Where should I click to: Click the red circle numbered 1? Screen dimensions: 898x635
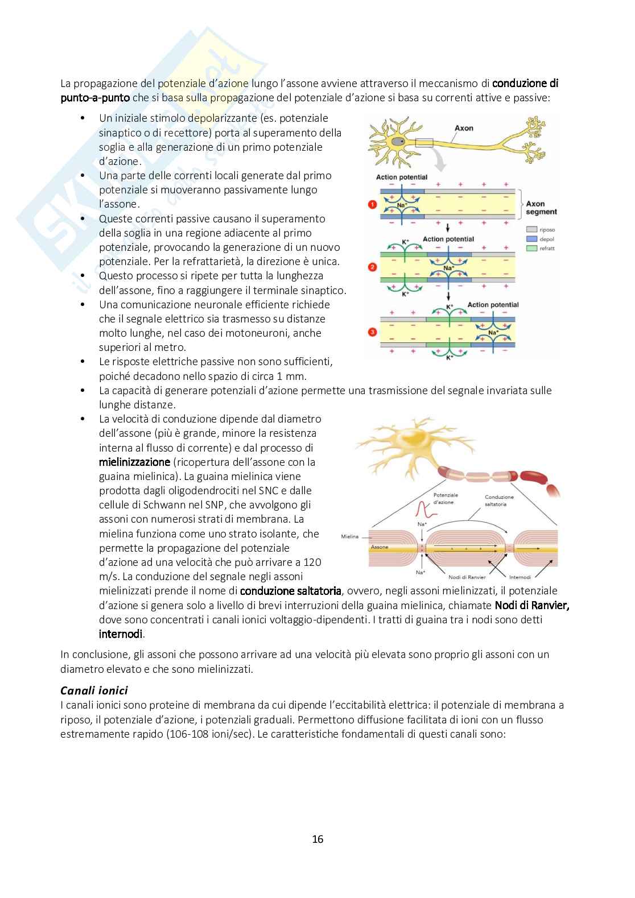[372, 204]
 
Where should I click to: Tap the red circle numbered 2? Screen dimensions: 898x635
[372, 266]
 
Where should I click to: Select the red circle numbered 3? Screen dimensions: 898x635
[372, 331]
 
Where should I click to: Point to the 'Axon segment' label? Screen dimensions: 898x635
[541, 208]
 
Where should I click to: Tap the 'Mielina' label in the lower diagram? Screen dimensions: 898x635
[350, 536]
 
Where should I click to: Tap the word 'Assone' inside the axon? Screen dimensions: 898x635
[380, 547]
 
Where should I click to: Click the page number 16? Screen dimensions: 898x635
[317, 839]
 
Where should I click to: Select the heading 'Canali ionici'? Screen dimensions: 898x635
[94, 690]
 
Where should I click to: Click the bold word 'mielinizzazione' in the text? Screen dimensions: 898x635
[134, 462]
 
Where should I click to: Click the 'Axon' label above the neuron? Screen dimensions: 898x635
[464, 128]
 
